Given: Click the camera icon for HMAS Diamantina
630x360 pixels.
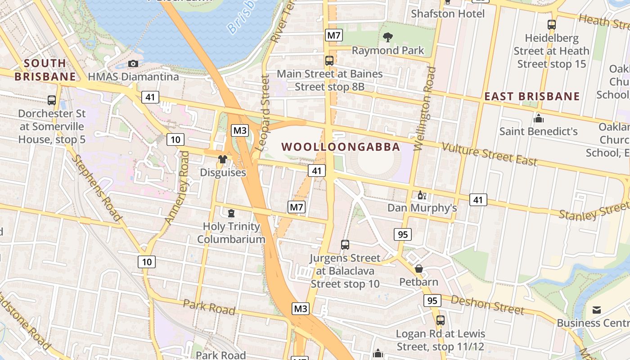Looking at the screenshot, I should pos(133,63).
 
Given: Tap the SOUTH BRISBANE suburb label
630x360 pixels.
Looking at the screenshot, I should pos(45,70).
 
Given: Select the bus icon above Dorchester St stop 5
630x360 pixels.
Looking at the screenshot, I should pos(52,100).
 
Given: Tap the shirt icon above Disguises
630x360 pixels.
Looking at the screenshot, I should pos(222,159).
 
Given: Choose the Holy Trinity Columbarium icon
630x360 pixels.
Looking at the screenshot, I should pos(231,213).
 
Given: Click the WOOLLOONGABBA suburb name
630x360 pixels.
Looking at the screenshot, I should pos(341,147).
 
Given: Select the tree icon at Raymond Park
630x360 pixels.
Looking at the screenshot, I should pos(387,37).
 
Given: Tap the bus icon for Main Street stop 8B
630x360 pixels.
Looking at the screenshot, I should pos(329,60).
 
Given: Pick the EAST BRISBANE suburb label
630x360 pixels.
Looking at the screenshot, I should pos(532,96).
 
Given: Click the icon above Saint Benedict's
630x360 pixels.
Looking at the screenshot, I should pos(538,118).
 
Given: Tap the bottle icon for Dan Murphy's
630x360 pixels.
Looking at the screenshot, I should pos(422,195).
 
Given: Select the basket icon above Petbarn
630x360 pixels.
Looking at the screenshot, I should pos(419,269).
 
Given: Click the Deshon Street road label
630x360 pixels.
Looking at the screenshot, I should pos(487,305).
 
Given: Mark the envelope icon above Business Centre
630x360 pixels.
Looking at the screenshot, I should pos(597,310).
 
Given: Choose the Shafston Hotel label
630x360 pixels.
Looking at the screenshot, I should pos(448,13).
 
